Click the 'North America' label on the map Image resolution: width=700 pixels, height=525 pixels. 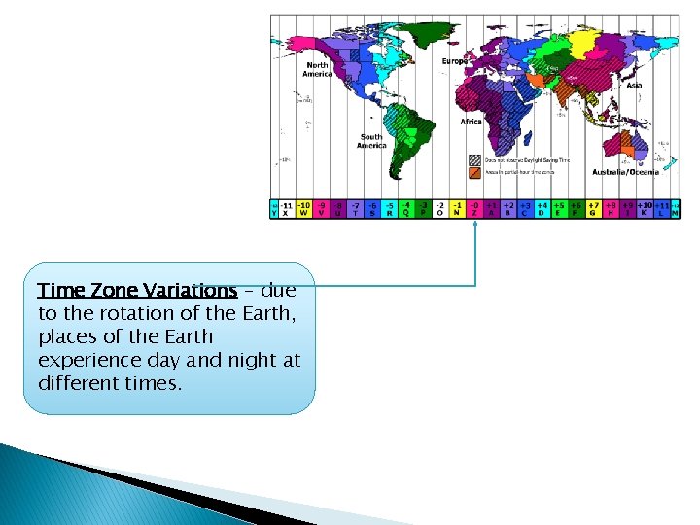(x=318, y=69)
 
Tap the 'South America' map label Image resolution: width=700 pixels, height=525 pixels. (x=371, y=140)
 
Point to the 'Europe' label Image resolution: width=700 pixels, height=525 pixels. (x=455, y=61)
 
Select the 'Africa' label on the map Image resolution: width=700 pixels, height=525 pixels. (x=471, y=122)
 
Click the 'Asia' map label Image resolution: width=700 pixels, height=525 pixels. (x=634, y=86)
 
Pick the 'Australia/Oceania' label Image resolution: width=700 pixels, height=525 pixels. (x=625, y=172)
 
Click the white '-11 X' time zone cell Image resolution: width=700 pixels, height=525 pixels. (x=286, y=209)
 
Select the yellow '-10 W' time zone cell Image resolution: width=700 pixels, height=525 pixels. (x=303, y=209)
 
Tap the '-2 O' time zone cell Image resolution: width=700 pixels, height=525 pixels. (x=439, y=209)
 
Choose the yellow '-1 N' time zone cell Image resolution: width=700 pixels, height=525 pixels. (x=456, y=209)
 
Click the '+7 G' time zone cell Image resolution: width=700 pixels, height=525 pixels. (x=592, y=209)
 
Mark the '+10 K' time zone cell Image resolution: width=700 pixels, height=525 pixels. (x=644, y=209)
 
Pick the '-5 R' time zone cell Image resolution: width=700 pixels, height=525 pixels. (x=389, y=209)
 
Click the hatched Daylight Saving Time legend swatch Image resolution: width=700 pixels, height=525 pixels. (x=474, y=160)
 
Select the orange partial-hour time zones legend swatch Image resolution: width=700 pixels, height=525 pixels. (x=474, y=172)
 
